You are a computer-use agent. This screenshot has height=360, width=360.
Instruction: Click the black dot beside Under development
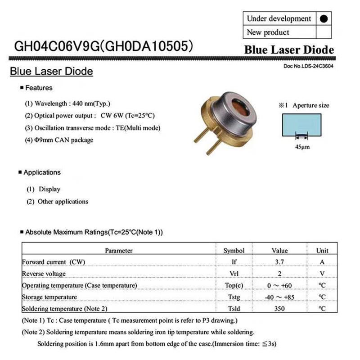[325, 19]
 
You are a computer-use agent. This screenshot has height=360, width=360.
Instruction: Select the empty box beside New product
[325, 32]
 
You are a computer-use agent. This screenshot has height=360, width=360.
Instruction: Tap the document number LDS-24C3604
[309, 66]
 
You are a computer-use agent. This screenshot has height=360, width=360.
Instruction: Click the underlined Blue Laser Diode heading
[51, 72]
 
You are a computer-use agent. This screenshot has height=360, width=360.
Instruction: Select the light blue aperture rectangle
[301, 124]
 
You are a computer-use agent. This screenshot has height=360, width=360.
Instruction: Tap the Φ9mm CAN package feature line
[59, 140]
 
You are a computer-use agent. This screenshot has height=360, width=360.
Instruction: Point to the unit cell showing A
[322, 262]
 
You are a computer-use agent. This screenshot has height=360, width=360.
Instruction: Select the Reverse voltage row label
[44, 274]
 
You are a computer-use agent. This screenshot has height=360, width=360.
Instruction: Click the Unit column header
[322, 250]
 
